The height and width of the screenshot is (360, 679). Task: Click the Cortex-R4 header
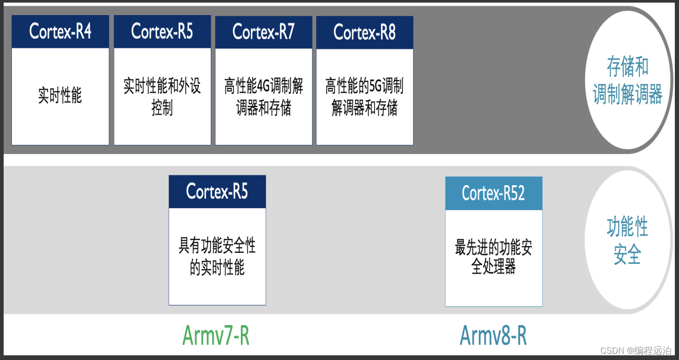tap(60, 32)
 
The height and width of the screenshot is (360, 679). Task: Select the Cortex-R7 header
tap(263, 32)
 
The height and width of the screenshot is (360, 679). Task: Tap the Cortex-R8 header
tap(364, 33)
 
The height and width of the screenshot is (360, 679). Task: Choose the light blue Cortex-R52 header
tap(493, 194)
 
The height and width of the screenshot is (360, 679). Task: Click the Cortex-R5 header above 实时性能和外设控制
tap(162, 32)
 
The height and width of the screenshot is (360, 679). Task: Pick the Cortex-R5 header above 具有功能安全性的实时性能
tap(217, 192)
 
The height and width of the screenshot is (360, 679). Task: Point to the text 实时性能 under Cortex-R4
tap(60, 96)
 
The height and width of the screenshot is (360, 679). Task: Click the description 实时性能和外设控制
tap(162, 97)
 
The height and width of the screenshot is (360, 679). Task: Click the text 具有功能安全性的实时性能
tap(217, 256)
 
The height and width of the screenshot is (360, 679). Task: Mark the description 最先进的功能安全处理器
tap(493, 257)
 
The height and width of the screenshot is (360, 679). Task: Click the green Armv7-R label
tap(216, 336)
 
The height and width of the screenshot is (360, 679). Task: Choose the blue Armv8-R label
tap(493, 336)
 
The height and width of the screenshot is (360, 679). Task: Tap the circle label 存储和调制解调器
tap(627, 81)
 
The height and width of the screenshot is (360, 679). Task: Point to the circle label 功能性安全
tap(627, 241)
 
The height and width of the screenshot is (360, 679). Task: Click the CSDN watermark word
tap(612, 351)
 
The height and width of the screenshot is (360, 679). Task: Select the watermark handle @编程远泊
tap(649, 351)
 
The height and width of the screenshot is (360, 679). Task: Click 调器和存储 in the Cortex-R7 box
tap(263, 108)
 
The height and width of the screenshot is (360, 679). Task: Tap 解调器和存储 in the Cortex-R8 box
tap(364, 108)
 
